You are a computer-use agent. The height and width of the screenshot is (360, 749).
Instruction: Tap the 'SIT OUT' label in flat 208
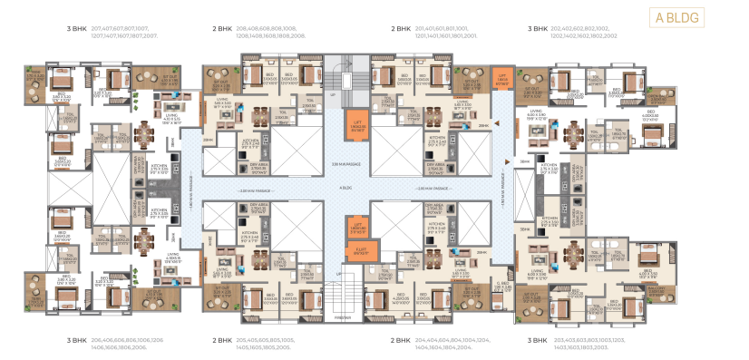218,79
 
